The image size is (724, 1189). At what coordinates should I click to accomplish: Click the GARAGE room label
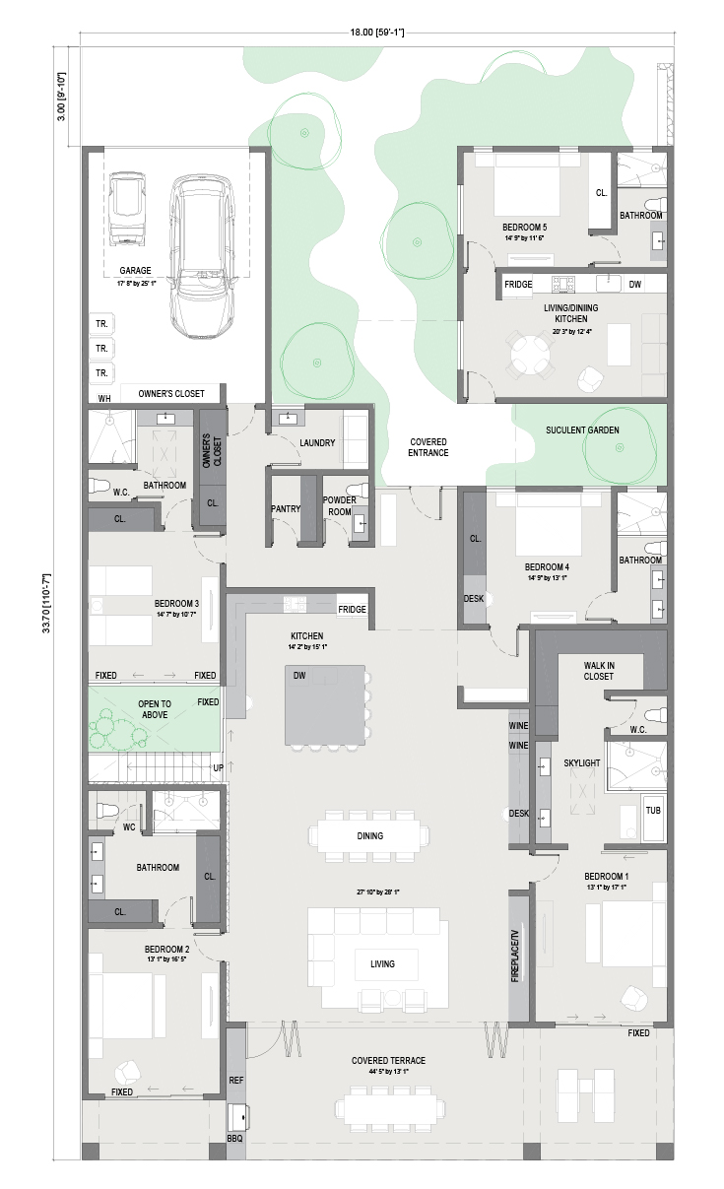(135, 271)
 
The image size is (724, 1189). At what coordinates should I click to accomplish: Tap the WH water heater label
(104, 398)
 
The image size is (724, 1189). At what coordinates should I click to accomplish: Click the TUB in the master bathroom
(653, 811)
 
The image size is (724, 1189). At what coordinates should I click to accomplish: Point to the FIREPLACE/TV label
(515, 956)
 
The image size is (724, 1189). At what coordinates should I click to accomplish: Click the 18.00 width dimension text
(377, 33)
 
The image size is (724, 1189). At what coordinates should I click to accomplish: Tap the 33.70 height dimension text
(46, 603)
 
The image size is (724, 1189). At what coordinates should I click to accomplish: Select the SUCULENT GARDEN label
(582, 429)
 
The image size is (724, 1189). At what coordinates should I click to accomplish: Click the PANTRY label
(286, 508)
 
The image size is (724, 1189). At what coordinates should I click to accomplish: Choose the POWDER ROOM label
(340, 506)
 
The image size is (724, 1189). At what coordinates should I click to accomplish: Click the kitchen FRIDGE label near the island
(352, 610)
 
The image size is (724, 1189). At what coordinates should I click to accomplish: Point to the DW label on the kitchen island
(299, 676)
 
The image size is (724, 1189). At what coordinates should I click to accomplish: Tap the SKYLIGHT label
(582, 762)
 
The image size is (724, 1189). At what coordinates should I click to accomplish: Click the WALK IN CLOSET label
(599, 671)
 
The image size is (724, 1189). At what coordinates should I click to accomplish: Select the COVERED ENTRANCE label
(428, 447)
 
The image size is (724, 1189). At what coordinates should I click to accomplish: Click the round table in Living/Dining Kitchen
(528, 354)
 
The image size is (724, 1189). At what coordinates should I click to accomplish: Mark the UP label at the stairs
(218, 768)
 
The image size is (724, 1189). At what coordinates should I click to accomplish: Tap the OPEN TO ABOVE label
(155, 709)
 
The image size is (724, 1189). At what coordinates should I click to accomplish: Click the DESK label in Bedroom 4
(474, 599)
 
